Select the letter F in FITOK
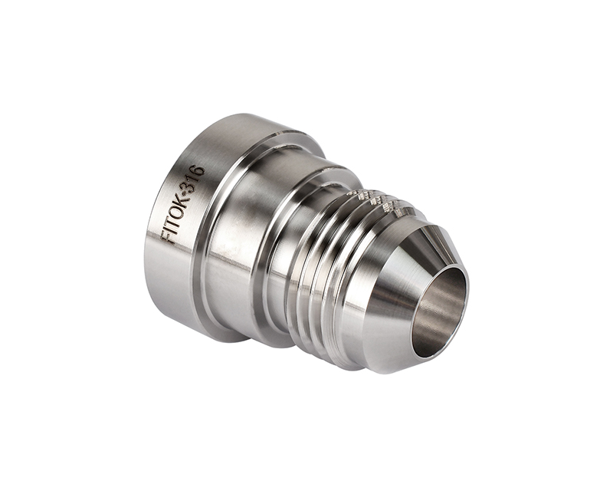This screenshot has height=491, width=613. [x=169, y=237]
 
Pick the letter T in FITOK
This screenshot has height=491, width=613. [x=175, y=222]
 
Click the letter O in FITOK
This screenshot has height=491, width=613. [x=179, y=212]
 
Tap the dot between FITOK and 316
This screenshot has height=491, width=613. [x=188, y=193]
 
